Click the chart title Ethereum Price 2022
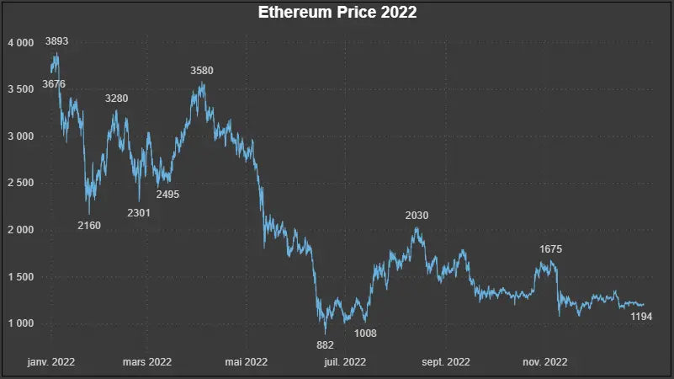[x=337, y=13]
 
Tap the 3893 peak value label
[x=57, y=40]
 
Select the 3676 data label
[x=54, y=84]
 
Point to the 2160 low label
[x=89, y=225]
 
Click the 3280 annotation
[x=117, y=99]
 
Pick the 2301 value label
[x=139, y=212]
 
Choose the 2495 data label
[x=167, y=195]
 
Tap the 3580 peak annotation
[x=202, y=71]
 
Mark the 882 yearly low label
[x=326, y=344]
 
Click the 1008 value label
[x=365, y=334]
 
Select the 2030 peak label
[x=417, y=216]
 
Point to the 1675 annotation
[x=550, y=249]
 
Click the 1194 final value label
[x=642, y=316]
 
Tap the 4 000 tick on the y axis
[x=20, y=42]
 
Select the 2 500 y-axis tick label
[x=20, y=183]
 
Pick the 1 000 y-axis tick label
[x=20, y=323]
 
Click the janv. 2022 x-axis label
[x=51, y=362]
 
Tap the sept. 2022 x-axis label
[x=445, y=362]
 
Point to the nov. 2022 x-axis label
[x=544, y=362]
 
